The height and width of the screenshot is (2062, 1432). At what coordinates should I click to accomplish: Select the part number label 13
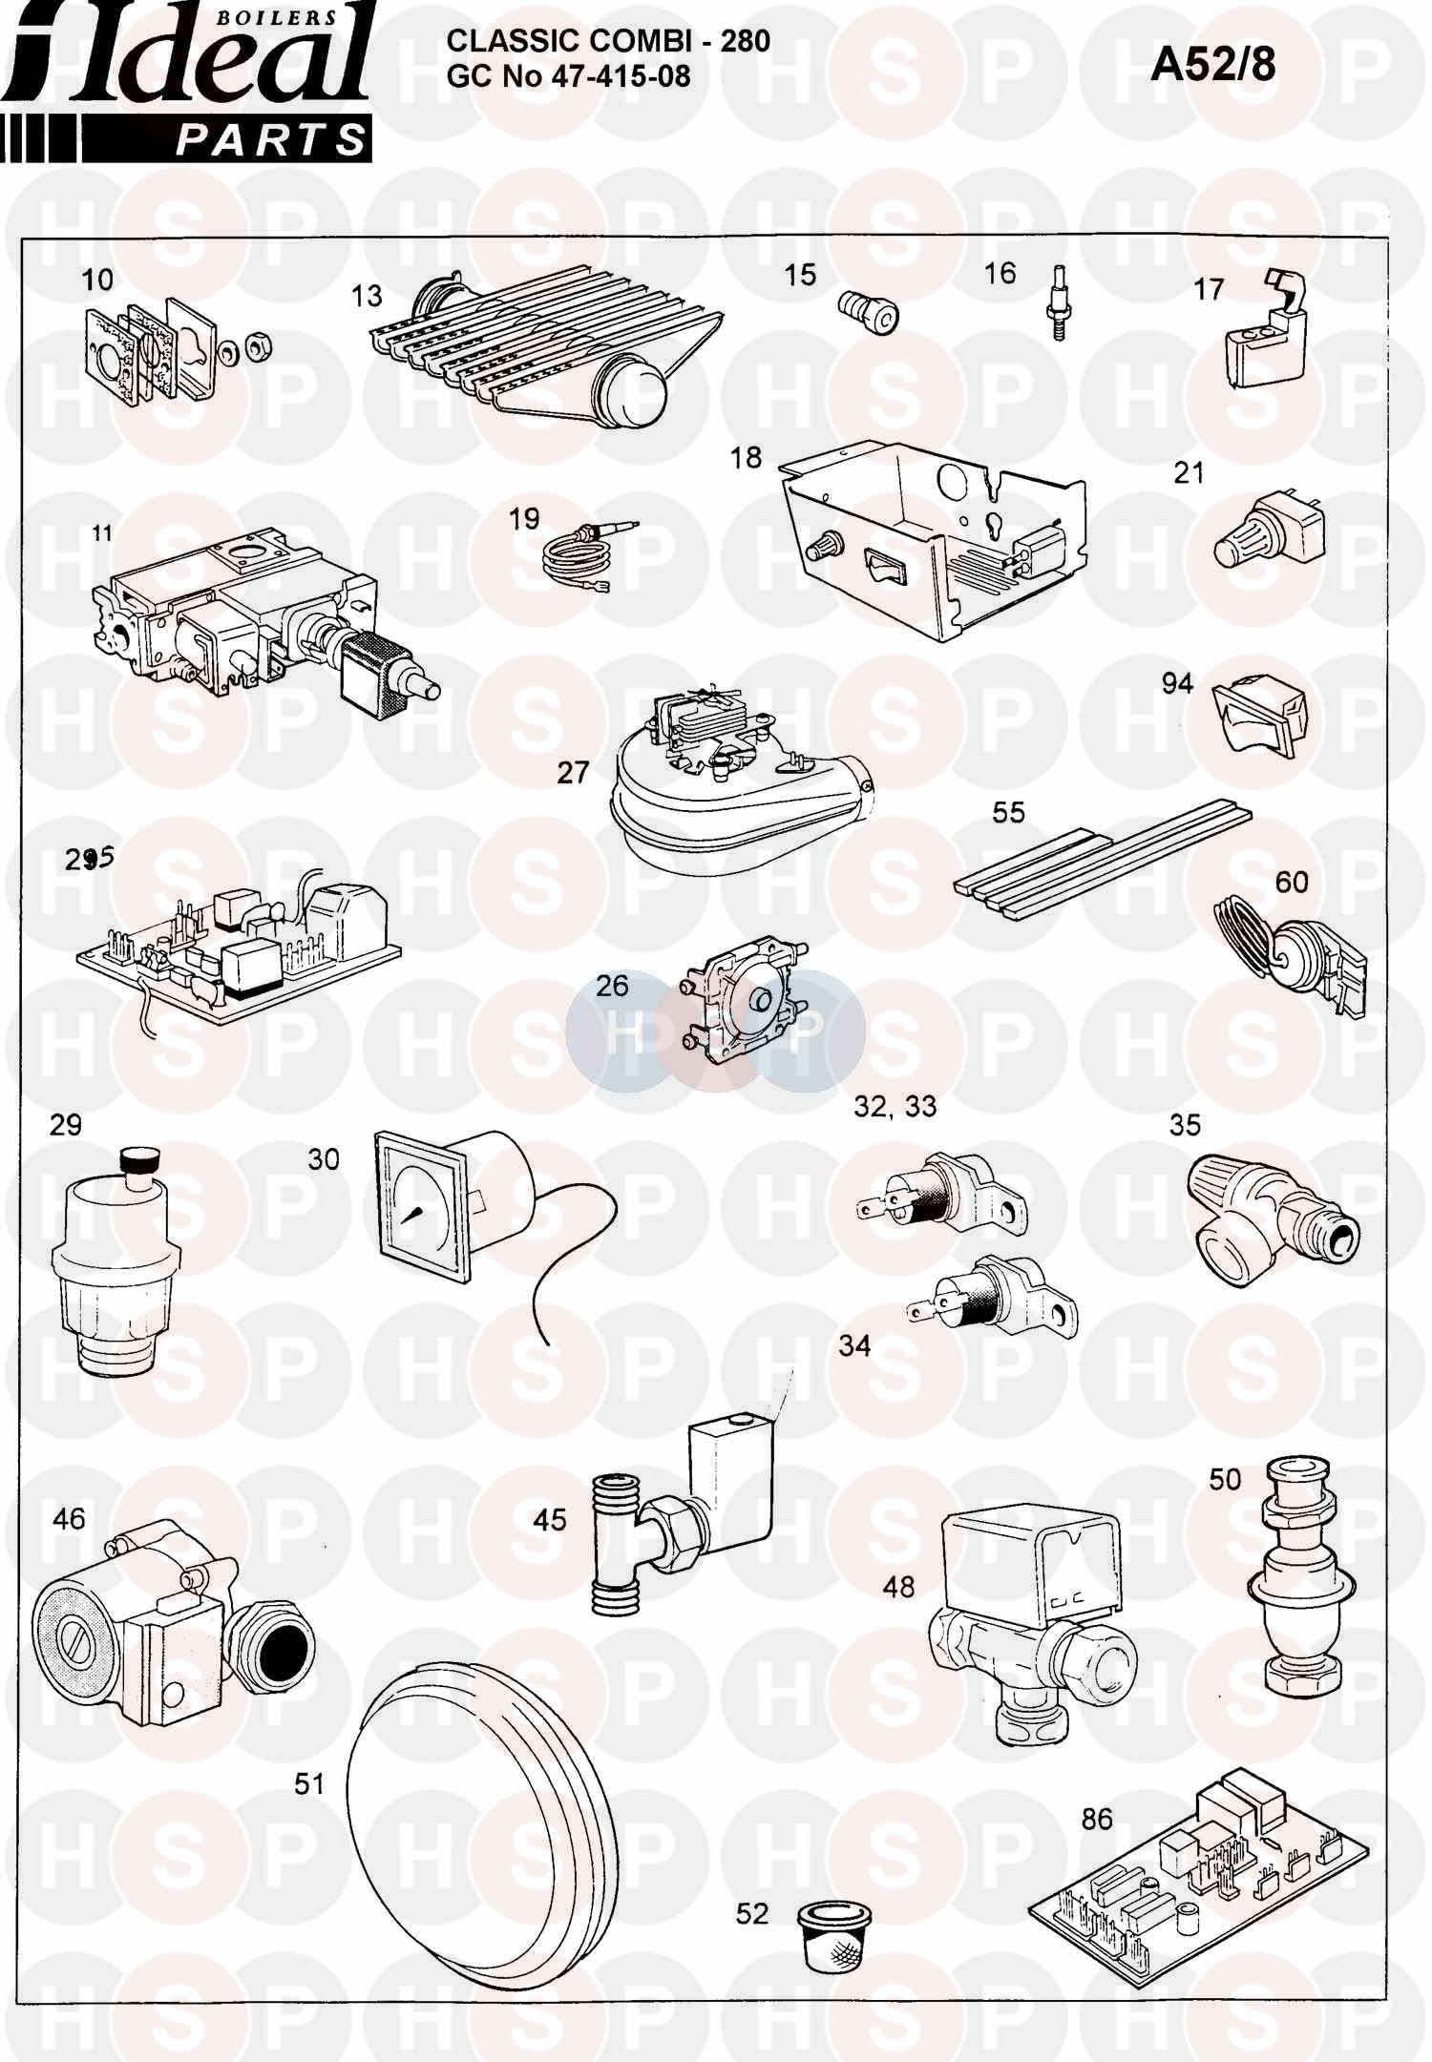click(366, 296)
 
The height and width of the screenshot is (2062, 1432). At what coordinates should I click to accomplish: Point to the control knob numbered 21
click(1248, 531)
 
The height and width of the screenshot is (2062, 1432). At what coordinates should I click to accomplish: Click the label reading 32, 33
click(895, 1107)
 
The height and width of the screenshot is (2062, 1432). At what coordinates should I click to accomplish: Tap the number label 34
click(854, 1345)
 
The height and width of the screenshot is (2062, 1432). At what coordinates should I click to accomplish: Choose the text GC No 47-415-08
click(568, 75)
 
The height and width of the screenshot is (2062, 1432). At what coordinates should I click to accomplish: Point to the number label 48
click(899, 1587)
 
